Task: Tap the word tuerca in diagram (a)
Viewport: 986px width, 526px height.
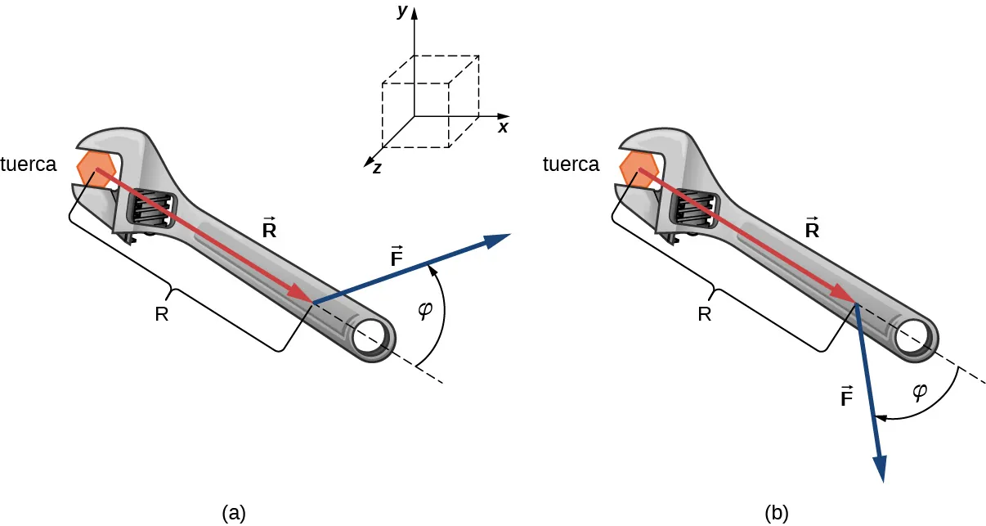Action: pyautogui.click(x=29, y=164)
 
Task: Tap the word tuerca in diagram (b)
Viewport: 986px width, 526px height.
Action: pyautogui.click(x=571, y=164)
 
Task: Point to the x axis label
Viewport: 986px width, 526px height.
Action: pyautogui.click(x=504, y=128)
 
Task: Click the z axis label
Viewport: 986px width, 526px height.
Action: pyautogui.click(x=377, y=168)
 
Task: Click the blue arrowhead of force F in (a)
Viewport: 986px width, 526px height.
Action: pyautogui.click(x=495, y=239)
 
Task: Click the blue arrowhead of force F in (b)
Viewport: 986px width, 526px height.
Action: pyautogui.click(x=881, y=469)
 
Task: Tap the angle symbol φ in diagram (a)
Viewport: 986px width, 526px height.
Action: pyautogui.click(x=424, y=312)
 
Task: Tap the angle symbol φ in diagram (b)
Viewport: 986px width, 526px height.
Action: pyautogui.click(x=920, y=391)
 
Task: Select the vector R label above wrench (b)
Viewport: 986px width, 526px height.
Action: pyautogui.click(x=811, y=228)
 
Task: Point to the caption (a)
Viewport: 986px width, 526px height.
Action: pyautogui.click(x=234, y=513)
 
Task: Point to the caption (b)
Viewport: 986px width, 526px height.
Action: pyautogui.click(x=777, y=513)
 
